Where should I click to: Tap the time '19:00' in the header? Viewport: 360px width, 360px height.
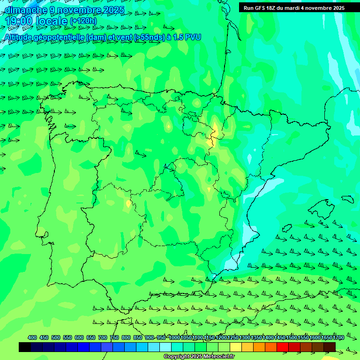click(19, 22)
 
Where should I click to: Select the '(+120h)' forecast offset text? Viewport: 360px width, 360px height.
click(83, 21)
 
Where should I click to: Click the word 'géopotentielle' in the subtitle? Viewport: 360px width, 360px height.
click(59, 37)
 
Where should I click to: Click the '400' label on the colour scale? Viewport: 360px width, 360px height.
click(32, 337)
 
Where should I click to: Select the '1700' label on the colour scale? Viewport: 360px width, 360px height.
click(338, 337)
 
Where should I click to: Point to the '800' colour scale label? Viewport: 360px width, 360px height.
click(126, 337)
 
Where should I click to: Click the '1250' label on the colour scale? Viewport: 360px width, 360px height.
click(233, 337)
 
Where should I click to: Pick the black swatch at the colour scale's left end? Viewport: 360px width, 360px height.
click(25, 347)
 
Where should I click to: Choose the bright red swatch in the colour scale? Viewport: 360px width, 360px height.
click(283, 347)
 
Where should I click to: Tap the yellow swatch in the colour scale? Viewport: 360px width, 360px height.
click(236, 347)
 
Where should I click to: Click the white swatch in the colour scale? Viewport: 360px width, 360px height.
click(165, 347)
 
